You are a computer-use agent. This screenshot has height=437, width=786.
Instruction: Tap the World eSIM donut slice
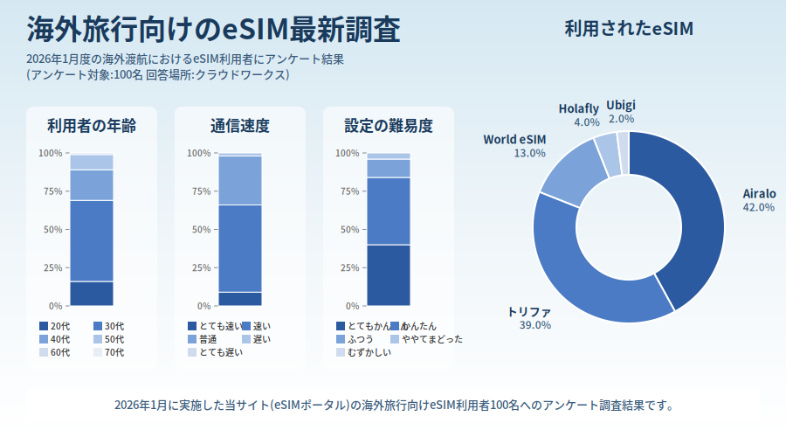tap(573, 170)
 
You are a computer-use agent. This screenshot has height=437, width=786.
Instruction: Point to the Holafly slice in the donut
tap(607, 151)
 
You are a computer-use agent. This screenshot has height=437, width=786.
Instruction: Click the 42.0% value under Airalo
tap(759, 208)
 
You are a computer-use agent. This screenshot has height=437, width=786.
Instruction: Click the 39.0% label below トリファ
tap(535, 325)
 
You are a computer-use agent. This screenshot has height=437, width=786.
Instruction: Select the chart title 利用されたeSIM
tap(629, 29)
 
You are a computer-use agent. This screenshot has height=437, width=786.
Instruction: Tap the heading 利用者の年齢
tap(92, 126)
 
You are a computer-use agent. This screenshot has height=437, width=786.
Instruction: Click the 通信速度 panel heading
tap(240, 126)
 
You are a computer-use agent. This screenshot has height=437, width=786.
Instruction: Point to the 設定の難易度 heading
tap(389, 126)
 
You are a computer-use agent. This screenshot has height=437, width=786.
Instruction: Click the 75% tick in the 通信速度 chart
tap(200, 191)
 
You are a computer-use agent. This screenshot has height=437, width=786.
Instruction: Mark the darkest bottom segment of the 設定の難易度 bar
tap(389, 274)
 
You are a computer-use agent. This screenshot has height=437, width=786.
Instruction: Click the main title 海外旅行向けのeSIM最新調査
tap(213, 30)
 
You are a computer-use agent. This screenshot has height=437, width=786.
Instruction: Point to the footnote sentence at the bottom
tap(393, 406)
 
